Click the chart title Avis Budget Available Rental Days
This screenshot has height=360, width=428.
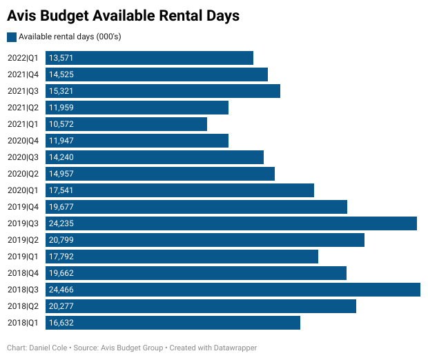point(124,15)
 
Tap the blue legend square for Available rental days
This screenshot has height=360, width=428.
point(12,37)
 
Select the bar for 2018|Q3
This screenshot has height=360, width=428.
point(233,290)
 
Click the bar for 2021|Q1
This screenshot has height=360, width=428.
point(126,124)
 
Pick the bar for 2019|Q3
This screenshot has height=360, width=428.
point(231,223)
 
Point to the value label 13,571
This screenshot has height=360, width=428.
point(61,58)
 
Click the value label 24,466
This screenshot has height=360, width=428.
point(61,290)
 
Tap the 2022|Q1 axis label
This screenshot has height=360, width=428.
point(23,58)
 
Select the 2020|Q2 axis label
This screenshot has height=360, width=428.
point(23,174)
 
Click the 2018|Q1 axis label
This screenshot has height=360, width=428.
point(23,323)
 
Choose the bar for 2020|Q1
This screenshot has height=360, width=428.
point(179,190)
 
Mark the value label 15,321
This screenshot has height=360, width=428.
point(61,91)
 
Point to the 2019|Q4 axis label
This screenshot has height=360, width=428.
point(23,207)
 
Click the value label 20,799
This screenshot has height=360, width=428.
point(61,240)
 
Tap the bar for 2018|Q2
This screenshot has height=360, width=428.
point(201,306)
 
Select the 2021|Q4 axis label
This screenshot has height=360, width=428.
point(23,74)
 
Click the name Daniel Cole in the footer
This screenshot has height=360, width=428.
point(48,348)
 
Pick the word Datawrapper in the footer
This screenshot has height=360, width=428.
point(235,348)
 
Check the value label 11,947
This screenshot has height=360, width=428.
point(61,141)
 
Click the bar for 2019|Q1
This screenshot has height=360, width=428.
point(182,257)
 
